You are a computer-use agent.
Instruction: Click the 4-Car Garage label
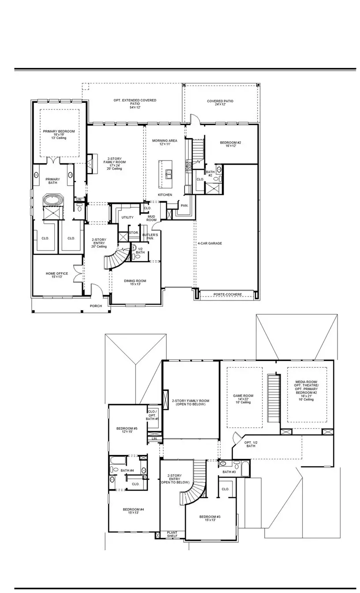pos(210,243)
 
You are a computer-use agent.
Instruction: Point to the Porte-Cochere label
pos(227,294)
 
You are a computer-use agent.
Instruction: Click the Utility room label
pos(127,218)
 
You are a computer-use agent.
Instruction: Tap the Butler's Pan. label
pos(150,236)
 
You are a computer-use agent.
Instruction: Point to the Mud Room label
pos(151,218)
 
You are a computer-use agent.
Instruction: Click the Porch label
pos(96,306)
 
